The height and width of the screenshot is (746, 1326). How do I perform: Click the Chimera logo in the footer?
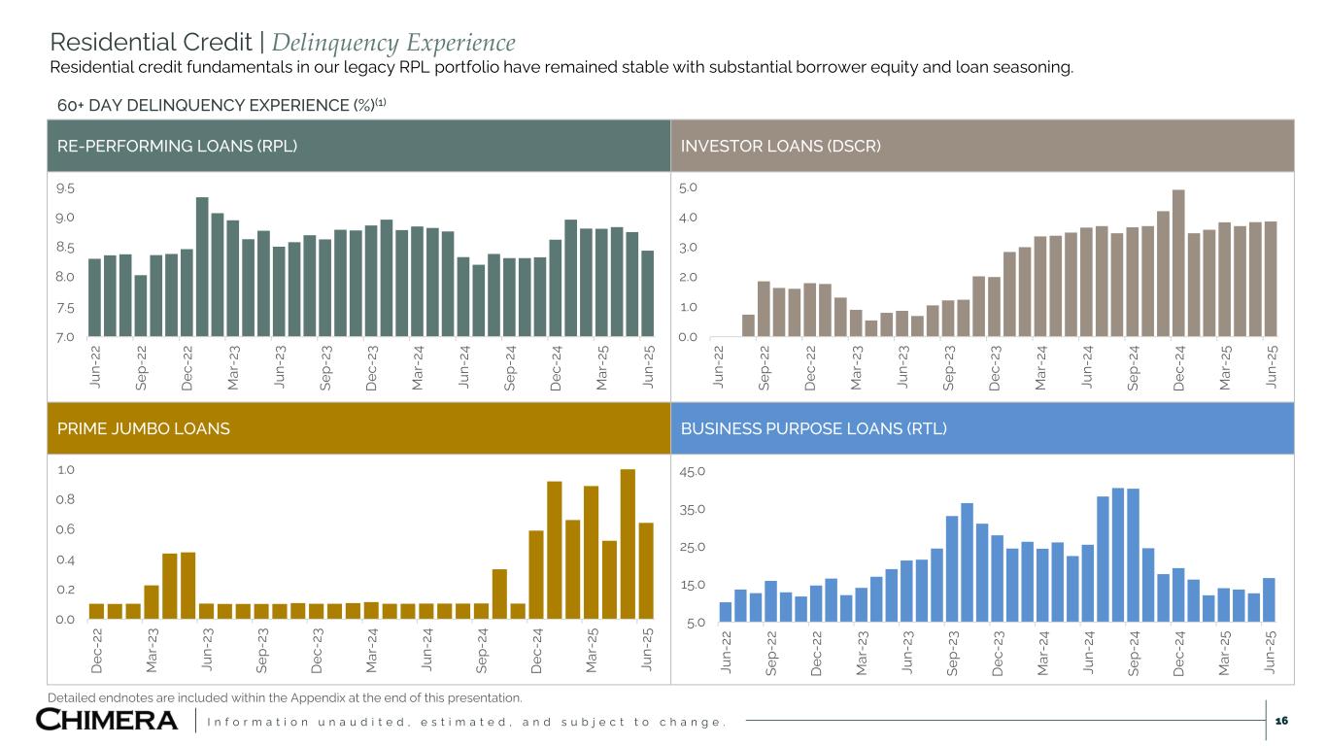click(x=107, y=720)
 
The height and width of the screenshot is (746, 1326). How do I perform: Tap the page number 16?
click(x=1280, y=720)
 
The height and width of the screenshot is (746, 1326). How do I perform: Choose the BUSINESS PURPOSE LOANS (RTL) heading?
click(x=813, y=428)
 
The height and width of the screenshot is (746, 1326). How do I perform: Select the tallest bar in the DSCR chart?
click(x=1178, y=263)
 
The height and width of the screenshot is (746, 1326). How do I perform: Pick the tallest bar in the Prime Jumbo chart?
click(x=628, y=544)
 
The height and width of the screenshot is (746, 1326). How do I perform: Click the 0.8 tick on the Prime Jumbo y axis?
click(x=67, y=500)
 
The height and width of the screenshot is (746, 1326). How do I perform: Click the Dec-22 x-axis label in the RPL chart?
click(x=187, y=367)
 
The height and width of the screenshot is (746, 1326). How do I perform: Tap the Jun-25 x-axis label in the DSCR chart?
click(x=1272, y=367)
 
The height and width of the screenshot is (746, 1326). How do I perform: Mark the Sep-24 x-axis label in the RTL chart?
click(x=1134, y=649)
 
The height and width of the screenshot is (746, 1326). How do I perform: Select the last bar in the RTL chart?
click(x=1269, y=599)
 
